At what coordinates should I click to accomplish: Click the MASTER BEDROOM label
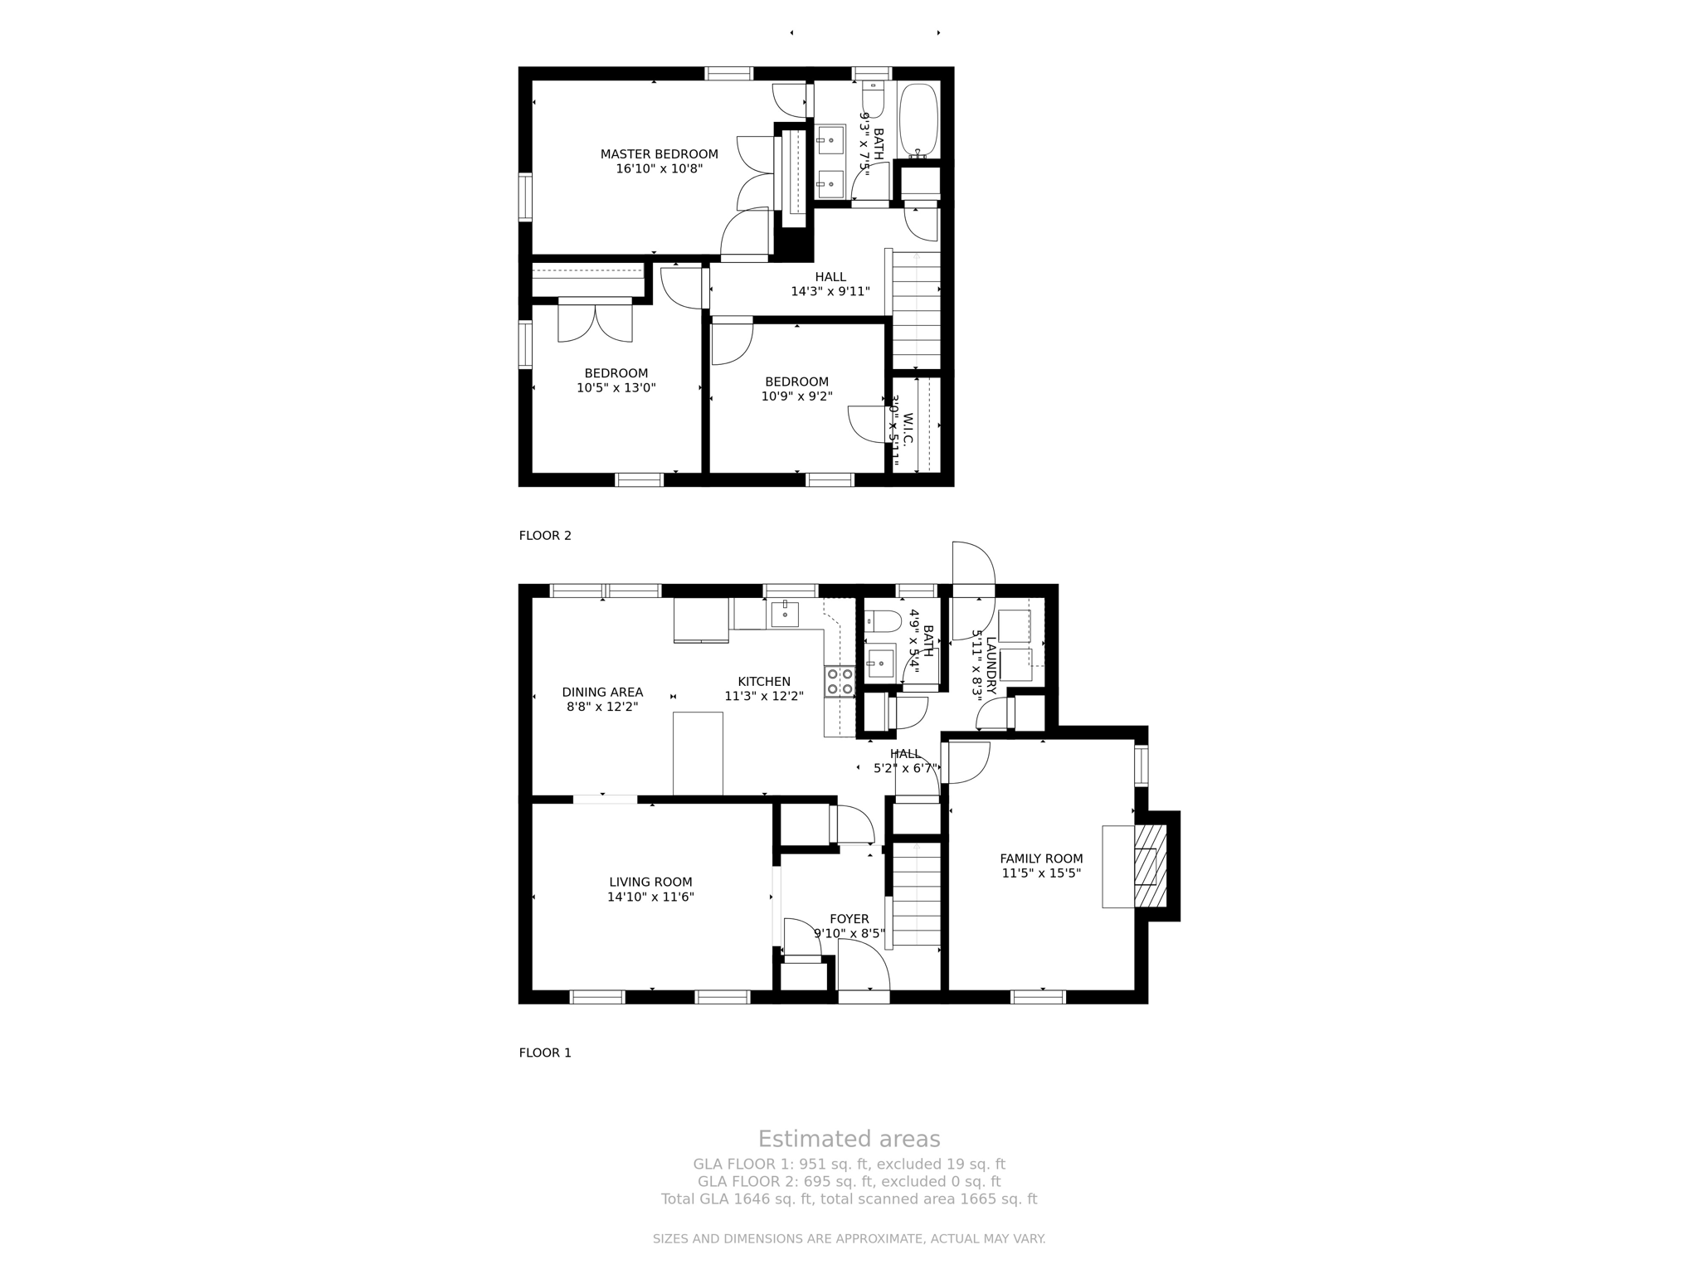pos(659,154)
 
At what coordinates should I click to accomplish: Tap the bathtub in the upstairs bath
pos(918,120)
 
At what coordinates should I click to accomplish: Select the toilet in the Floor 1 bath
pos(882,621)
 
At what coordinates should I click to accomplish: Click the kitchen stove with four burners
pos(840,681)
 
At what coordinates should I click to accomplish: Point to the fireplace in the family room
pos(1150,866)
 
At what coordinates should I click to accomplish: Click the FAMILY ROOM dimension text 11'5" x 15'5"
pos(1041,873)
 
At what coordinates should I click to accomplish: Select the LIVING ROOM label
pos(650,883)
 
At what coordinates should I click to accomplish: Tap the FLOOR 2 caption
pos(545,536)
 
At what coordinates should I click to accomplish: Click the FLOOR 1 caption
pos(545,1053)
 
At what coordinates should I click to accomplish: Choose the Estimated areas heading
pos(849,1139)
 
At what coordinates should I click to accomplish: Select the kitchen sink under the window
pos(784,614)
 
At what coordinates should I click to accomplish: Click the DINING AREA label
pos(602,693)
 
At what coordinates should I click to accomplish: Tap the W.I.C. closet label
pos(908,429)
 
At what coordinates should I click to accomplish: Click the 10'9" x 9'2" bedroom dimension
pos(796,396)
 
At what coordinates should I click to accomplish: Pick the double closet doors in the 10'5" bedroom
pos(595,322)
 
